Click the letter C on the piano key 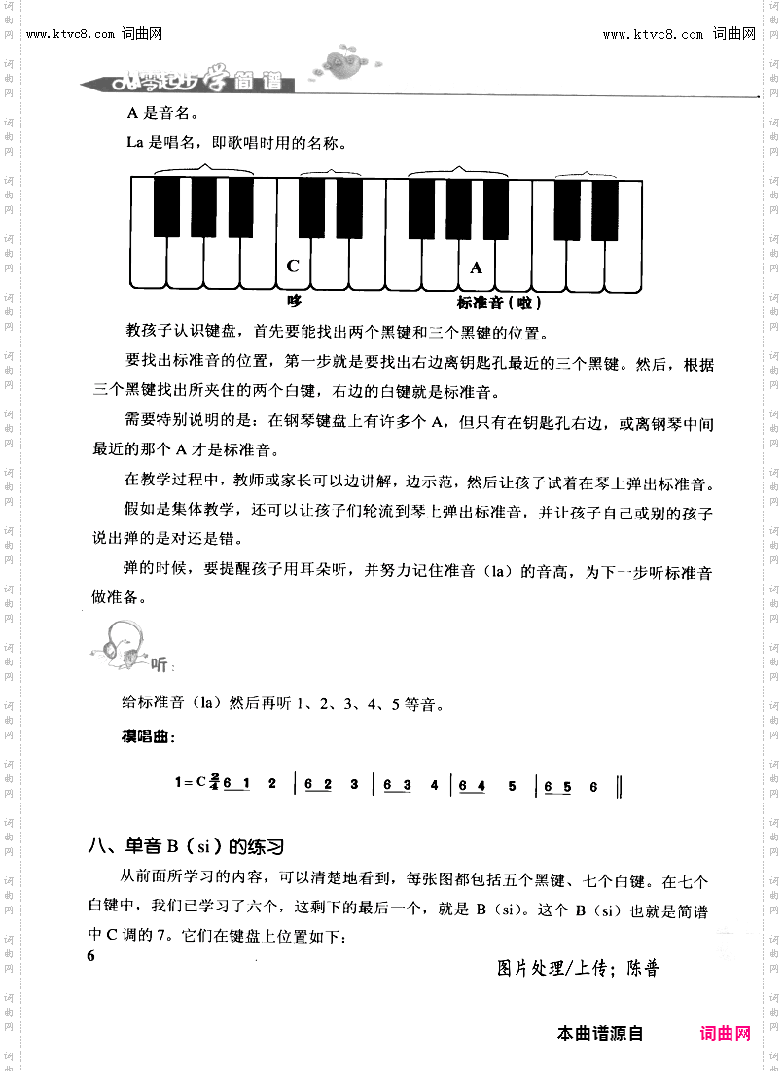click(x=293, y=266)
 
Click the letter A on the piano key click(x=476, y=268)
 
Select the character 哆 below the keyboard click(x=295, y=302)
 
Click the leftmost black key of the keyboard click(x=166, y=206)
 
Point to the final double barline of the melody click(x=620, y=786)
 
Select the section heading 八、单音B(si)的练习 click(x=186, y=844)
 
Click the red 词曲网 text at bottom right click(x=725, y=1033)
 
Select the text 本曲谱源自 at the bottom click(x=600, y=1033)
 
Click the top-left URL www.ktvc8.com click(x=71, y=35)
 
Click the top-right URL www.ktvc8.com click(x=653, y=35)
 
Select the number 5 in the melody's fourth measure click(x=512, y=785)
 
